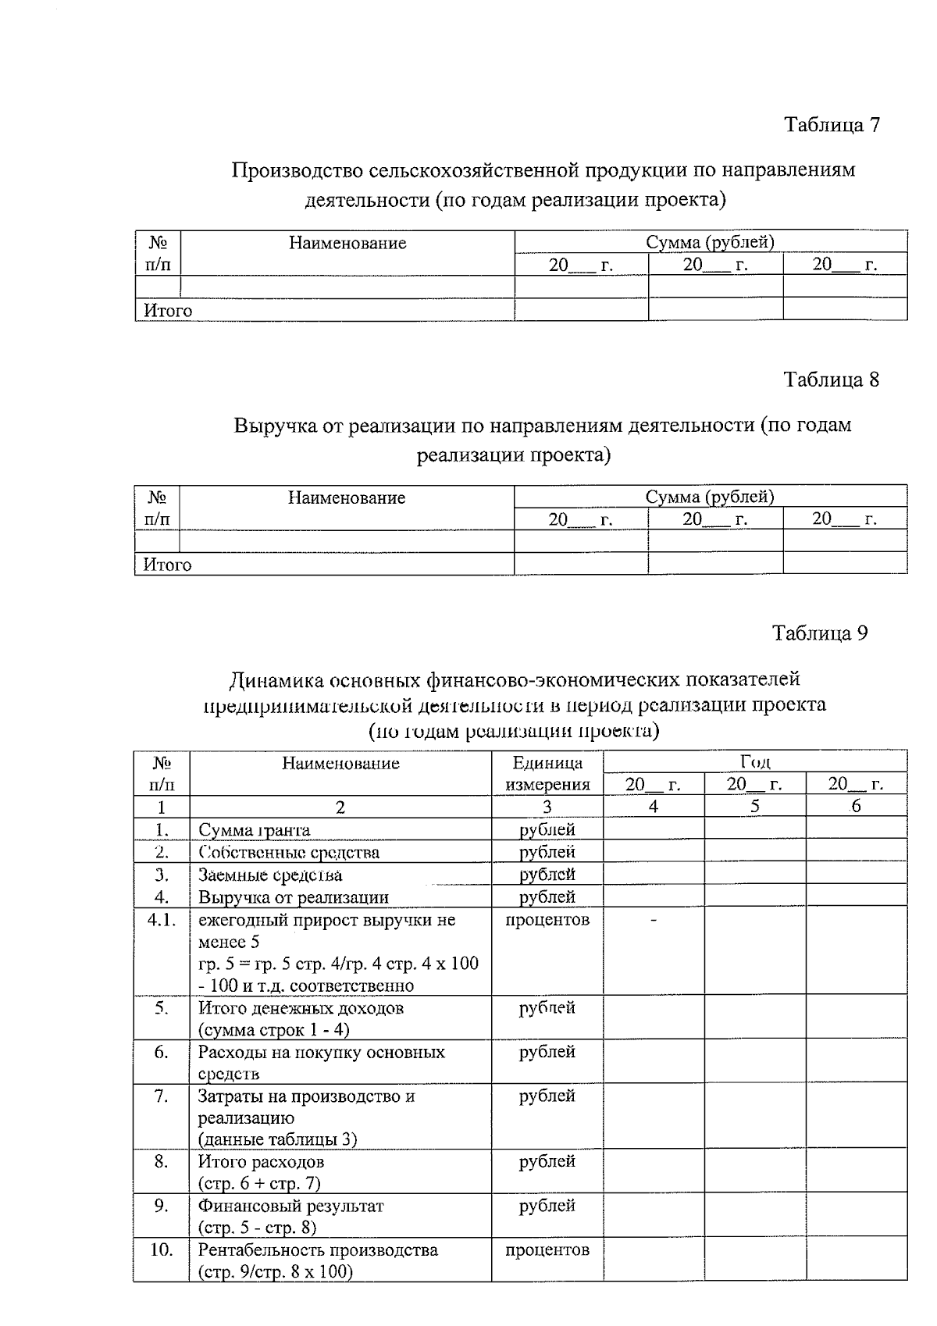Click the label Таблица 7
832,125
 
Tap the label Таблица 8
832,380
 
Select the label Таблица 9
820,633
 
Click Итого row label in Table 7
168,311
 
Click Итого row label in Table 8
167,565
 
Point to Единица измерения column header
547,773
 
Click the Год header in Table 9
755,762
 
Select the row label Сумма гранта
254,830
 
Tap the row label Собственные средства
289,852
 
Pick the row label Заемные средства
270,875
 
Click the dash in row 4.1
654,921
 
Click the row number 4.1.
161,919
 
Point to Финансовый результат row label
290,1206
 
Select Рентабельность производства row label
318,1249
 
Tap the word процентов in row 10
547,1249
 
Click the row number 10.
161,1249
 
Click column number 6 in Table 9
856,807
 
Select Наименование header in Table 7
347,243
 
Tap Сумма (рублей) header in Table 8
710,497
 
